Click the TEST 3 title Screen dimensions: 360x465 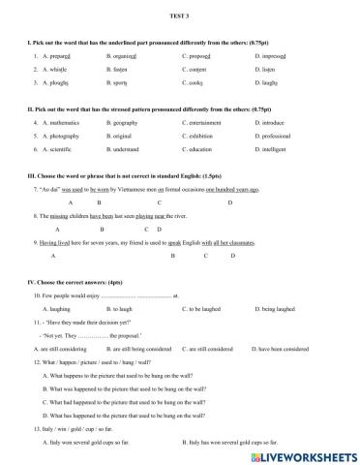point(180,15)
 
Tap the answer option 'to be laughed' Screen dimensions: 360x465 point(202,307)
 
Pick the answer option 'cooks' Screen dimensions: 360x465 point(195,85)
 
